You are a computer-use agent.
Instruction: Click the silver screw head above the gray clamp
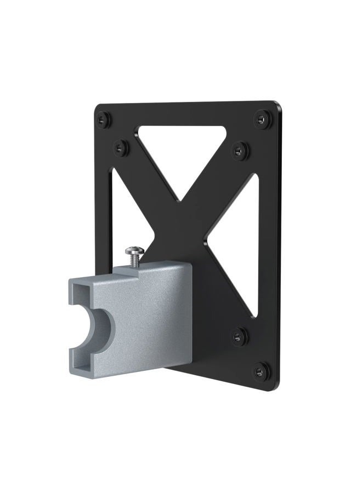[133, 251]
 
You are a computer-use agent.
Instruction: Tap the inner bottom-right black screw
[240, 335]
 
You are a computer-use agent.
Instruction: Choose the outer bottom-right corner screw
[262, 371]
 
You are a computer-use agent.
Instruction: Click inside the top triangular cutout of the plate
[181, 145]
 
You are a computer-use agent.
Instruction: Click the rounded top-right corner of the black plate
[278, 105]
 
